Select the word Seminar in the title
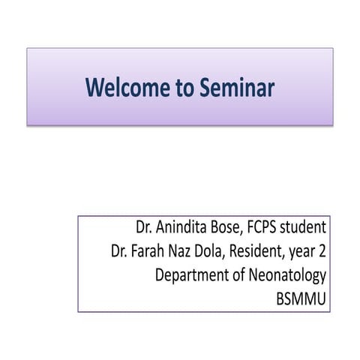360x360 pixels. (237, 88)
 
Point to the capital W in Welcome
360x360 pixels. (94, 88)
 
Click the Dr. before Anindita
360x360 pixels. (144, 227)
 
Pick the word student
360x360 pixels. (307, 227)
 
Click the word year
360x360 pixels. (302, 252)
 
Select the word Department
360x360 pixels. (191, 276)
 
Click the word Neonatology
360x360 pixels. (289, 276)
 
